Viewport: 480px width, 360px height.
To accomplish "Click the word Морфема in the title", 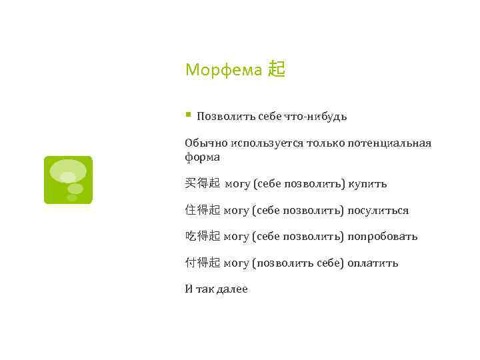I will [x=223, y=69].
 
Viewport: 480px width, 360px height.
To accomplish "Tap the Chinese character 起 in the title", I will [x=276, y=69].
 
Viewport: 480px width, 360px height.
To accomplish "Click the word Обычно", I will [x=204, y=143].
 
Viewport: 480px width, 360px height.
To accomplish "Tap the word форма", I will [x=203, y=157].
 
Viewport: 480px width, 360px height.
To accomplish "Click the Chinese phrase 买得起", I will [x=202, y=183].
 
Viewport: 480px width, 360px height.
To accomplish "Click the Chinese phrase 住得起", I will [x=202, y=210].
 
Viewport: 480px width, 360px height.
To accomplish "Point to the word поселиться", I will [x=378, y=210].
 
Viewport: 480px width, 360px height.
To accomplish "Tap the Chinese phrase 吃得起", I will [x=202, y=236].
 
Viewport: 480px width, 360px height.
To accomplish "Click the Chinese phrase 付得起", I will [x=202, y=263].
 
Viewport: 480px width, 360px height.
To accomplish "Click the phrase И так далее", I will [x=216, y=289].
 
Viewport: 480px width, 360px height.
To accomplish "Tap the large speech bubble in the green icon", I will [x=68, y=171].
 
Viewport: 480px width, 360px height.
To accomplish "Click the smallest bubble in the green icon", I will [x=72, y=197].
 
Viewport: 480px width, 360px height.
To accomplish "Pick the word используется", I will [x=264, y=143].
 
